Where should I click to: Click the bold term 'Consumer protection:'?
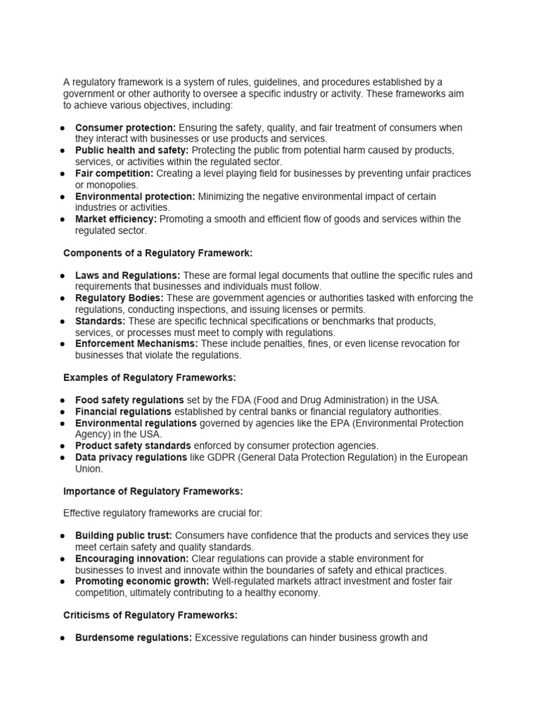125,128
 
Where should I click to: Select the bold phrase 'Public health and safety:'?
132,151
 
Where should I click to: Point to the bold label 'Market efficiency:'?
116,219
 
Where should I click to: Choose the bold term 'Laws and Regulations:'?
127,275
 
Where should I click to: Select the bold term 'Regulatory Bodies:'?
119,298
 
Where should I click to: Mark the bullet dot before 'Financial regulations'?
63,412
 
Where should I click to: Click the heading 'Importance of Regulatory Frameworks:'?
153,492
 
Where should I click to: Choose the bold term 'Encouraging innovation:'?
132,559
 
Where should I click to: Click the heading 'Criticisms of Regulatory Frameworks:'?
150,615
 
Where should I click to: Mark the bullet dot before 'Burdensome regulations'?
63,639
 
